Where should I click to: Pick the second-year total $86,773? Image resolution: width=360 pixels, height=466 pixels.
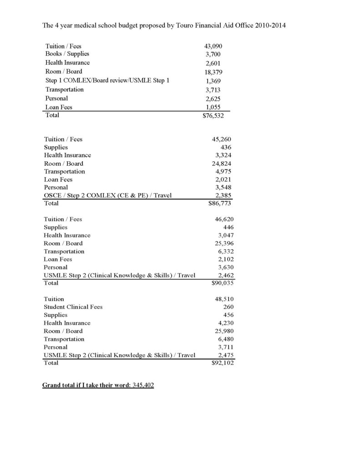point(220,204)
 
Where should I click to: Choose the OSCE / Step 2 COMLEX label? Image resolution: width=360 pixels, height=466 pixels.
point(107,195)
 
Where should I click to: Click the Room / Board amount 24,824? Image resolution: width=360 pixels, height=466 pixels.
point(223,164)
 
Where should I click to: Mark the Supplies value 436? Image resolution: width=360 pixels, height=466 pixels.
point(226,148)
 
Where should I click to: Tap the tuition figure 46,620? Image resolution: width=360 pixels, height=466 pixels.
point(224,219)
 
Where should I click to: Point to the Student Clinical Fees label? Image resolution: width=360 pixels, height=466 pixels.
point(73,307)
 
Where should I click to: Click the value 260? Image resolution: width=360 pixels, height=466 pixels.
point(228,307)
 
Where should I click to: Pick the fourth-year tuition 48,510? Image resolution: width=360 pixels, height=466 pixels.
point(224,299)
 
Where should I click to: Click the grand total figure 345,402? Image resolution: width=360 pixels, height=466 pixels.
point(143,385)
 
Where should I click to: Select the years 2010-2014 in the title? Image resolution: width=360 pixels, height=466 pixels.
point(271,26)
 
